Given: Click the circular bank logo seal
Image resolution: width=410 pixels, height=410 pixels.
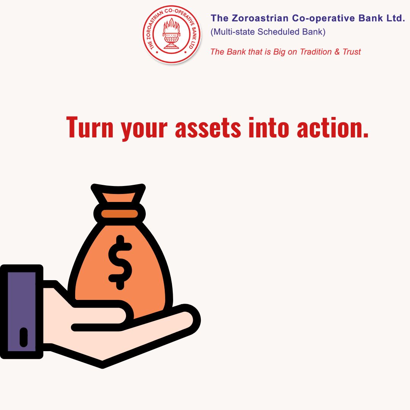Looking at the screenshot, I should point(172,35).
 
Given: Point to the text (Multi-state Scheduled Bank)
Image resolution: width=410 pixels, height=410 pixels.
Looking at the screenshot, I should point(268,32).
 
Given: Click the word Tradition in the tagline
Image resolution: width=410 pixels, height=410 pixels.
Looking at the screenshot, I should point(315,52).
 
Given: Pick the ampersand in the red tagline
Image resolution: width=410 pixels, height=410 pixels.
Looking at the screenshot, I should point(337,52).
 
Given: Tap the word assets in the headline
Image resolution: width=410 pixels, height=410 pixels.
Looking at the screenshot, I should point(208,128).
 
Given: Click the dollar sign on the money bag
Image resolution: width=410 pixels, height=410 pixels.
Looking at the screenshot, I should point(120,262).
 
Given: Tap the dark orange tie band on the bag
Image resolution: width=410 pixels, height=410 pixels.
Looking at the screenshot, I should point(120,214).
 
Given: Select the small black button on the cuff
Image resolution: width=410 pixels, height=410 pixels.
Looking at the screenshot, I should point(24,337).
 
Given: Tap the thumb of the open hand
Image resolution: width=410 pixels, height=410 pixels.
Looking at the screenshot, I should point(102,315).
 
